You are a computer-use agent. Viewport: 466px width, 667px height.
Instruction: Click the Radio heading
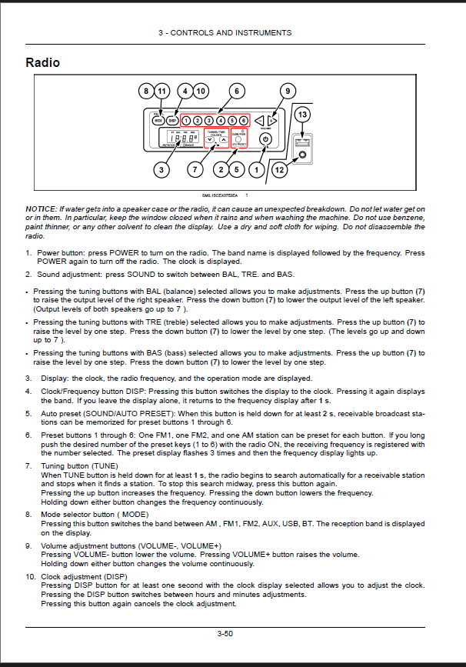(x=43, y=62)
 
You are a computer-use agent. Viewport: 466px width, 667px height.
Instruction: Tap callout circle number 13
(x=302, y=114)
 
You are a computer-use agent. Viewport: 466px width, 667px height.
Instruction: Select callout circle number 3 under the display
(x=161, y=168)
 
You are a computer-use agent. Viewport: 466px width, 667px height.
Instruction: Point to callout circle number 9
(x=287, y=91)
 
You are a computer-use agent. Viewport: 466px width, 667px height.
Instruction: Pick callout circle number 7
(x=195, y=168)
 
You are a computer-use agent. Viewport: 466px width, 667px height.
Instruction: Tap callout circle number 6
(x=237, y=91)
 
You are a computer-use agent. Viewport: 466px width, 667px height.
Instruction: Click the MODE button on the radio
(x=158, y=121)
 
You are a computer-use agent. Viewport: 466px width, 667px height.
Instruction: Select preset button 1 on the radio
(x=187, y=121)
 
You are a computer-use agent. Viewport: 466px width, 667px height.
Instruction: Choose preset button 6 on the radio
(x=244, y=121)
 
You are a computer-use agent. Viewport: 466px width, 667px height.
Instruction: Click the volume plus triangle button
(x=271, y=121)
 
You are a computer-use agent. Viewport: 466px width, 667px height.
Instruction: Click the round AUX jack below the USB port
(x=302, y=156)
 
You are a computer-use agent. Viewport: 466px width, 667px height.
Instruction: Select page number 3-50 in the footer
(x=225, y=633)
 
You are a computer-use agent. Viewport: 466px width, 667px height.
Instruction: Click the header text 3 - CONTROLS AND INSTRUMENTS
(x=225, y=33)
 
